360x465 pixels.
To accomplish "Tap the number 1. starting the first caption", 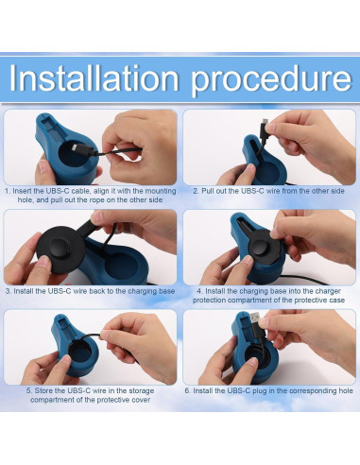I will [9, 190].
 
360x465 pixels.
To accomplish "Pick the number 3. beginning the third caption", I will [9, 291].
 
